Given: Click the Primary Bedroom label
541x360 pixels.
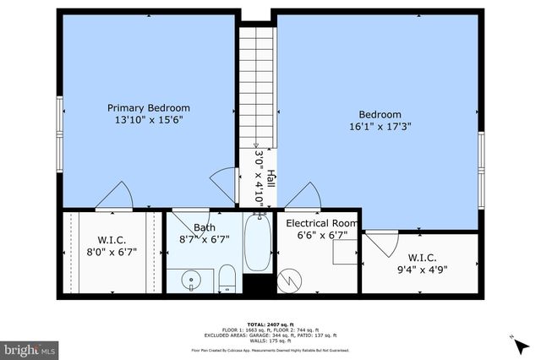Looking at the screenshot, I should [x=148, y=107].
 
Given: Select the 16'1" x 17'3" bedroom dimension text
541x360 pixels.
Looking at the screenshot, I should [x=380, y=128].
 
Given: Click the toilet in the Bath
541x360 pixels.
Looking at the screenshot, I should [x=227, y=277].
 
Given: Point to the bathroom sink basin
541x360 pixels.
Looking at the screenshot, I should [x=192, y=277].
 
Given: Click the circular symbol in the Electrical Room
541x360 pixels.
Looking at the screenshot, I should [x=291, y=276].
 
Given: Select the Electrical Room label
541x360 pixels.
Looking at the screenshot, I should [x=322, y=223].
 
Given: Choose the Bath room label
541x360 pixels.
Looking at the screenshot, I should [x=205, y=227].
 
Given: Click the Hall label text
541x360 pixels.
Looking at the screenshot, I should [x=270, y=179].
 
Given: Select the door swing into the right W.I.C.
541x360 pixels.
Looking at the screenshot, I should [x=380, y=244].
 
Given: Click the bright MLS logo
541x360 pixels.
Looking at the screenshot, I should [x=30, y=347].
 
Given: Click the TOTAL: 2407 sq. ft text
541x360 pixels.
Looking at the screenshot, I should [x=270, y=323].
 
